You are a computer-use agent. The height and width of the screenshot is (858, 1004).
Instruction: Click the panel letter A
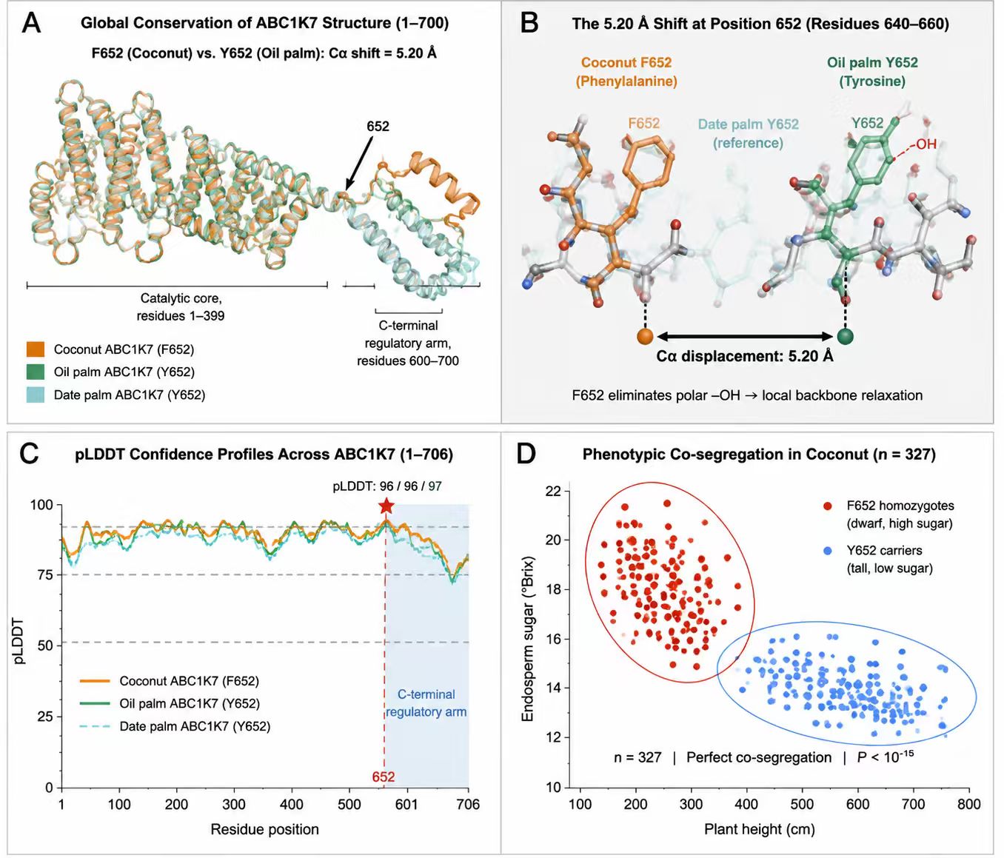[32, 23]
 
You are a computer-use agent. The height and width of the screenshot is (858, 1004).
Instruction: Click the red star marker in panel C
[386, 506]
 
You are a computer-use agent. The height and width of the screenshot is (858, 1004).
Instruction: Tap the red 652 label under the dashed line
[384, 777]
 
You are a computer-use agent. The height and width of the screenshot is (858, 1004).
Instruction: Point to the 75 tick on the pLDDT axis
[45, 575]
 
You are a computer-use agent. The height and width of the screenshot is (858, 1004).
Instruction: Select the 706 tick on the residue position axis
[468, 805]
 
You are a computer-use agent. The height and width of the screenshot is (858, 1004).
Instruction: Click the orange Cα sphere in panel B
[645, 336]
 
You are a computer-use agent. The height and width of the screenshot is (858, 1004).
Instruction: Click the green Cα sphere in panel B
[845, 336]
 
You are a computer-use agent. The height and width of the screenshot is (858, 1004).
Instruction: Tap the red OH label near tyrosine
[926, 144]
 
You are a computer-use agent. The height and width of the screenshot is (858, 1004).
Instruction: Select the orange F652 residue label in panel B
[643, 123]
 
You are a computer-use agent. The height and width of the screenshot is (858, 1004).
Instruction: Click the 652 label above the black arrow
[378, 127]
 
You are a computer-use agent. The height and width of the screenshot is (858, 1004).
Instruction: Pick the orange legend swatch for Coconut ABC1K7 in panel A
[35, 349]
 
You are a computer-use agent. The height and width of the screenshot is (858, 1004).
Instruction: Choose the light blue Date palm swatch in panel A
[35, 395]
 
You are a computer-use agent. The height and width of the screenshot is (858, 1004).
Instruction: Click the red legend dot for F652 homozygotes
[828, 506]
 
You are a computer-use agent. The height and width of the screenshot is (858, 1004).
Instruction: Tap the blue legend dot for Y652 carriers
[828, 551]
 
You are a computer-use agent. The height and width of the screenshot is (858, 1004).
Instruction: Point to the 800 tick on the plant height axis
[968, 804]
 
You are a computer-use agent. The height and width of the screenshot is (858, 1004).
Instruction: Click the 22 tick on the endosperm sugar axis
[553, 491]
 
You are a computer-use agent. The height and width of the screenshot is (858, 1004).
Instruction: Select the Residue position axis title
[265, 829]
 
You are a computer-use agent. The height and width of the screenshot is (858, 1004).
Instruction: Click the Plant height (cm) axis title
[760, 829]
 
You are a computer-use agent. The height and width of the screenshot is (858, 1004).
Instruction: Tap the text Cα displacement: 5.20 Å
[745, 356]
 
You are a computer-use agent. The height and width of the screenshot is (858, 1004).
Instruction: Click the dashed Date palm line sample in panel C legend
[96, 726]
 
